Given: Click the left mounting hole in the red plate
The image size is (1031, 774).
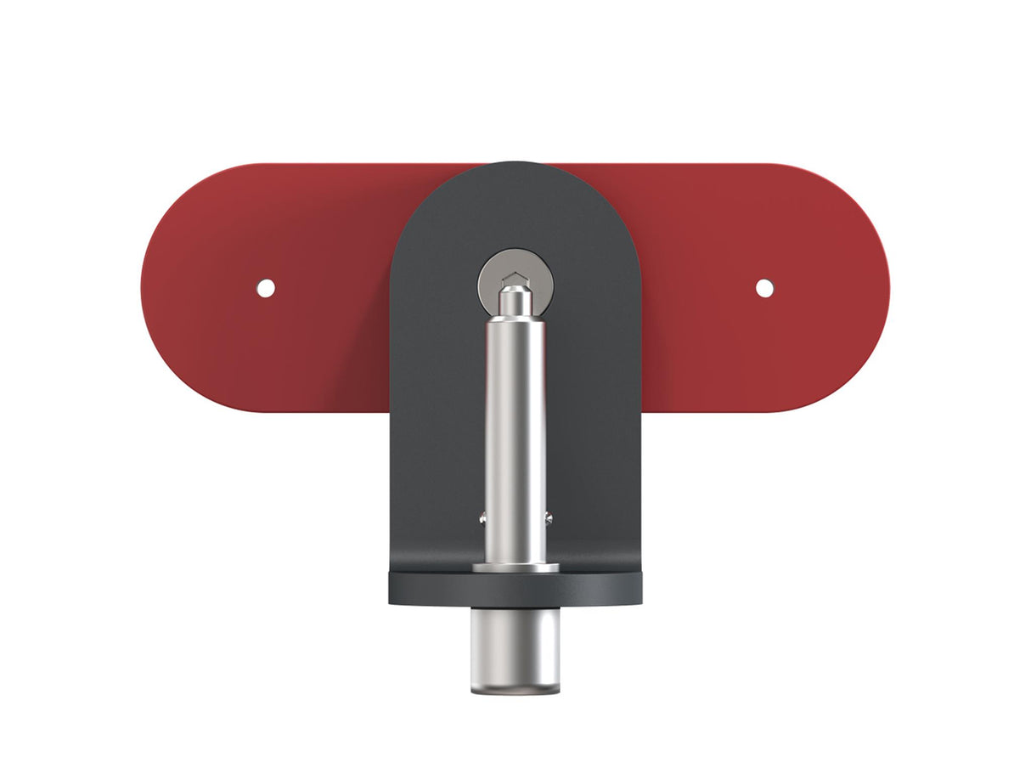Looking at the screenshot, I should [x=266, y=288].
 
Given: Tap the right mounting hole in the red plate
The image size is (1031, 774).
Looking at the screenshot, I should [x=764, y=288].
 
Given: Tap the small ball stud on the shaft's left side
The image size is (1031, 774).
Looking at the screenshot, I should [x=482, y=517].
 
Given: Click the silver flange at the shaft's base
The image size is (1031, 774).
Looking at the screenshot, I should [x=515, y=568].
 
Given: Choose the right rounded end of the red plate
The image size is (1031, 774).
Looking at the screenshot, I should [x=866, y=288].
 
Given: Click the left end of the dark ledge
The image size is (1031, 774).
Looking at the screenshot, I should [x=393, y=588].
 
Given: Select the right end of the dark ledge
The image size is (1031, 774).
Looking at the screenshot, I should [x=638, y=588].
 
